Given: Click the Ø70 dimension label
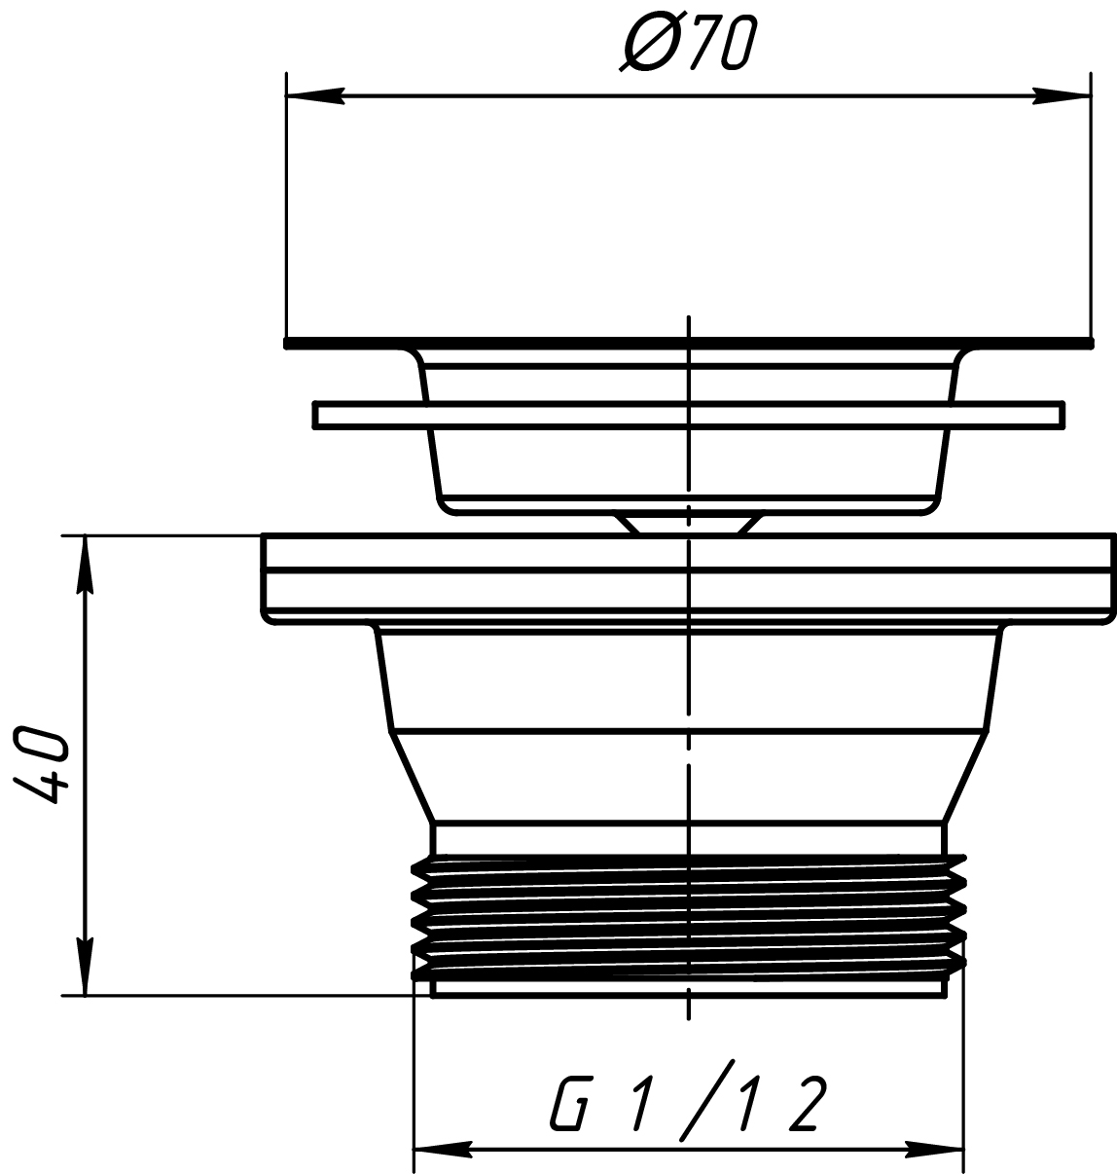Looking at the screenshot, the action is (x=688, y=43).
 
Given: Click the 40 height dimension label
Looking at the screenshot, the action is (x=41, y=765).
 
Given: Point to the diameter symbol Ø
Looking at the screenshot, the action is (x=650, y=43).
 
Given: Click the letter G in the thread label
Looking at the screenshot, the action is (x=571, y=1104).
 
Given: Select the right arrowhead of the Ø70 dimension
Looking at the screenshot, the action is (x=1062, y=95).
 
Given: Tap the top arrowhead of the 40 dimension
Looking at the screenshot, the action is (x=86, y=565).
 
